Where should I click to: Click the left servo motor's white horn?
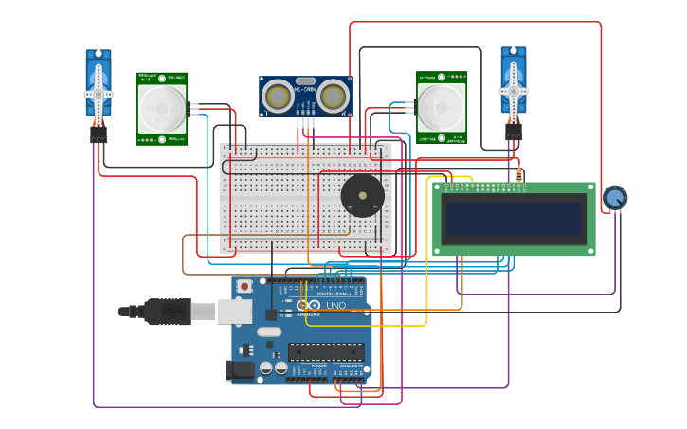[99, 94]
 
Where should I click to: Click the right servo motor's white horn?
[513, 92]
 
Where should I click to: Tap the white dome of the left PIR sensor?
[162, 108]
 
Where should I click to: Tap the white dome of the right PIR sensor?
[442, 106]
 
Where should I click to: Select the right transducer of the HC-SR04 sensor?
[332, 96]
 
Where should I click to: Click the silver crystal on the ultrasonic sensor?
[305, 82]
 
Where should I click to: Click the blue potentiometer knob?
[614, 198]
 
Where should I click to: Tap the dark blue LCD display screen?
[515, 219]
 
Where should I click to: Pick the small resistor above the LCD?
[519, 174]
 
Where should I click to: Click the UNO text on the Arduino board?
[336, 306]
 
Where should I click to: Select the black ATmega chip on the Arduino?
[325, 352]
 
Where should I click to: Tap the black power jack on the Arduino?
[241, 370]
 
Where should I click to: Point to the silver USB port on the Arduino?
[235, 312]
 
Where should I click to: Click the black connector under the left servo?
[99, 134]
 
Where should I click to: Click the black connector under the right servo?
[513, 134]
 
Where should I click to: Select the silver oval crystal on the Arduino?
[269, 332]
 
